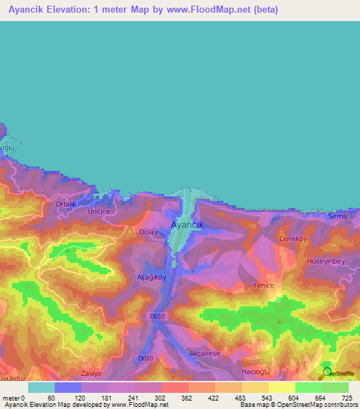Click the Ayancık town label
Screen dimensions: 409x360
(187, 225)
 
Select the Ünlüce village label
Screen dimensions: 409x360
(99, 213)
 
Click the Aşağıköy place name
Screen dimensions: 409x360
(150, 277)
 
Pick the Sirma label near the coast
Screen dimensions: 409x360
(338, 216)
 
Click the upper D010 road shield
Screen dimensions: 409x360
(157, 317)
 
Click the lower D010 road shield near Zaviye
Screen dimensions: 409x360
(146, 358)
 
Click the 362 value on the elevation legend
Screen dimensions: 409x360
(187, 398)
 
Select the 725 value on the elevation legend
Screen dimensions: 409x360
(347, 398)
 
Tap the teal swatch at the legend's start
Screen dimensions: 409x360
(41, 387)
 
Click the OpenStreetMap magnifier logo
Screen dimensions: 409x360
(327, 373)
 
